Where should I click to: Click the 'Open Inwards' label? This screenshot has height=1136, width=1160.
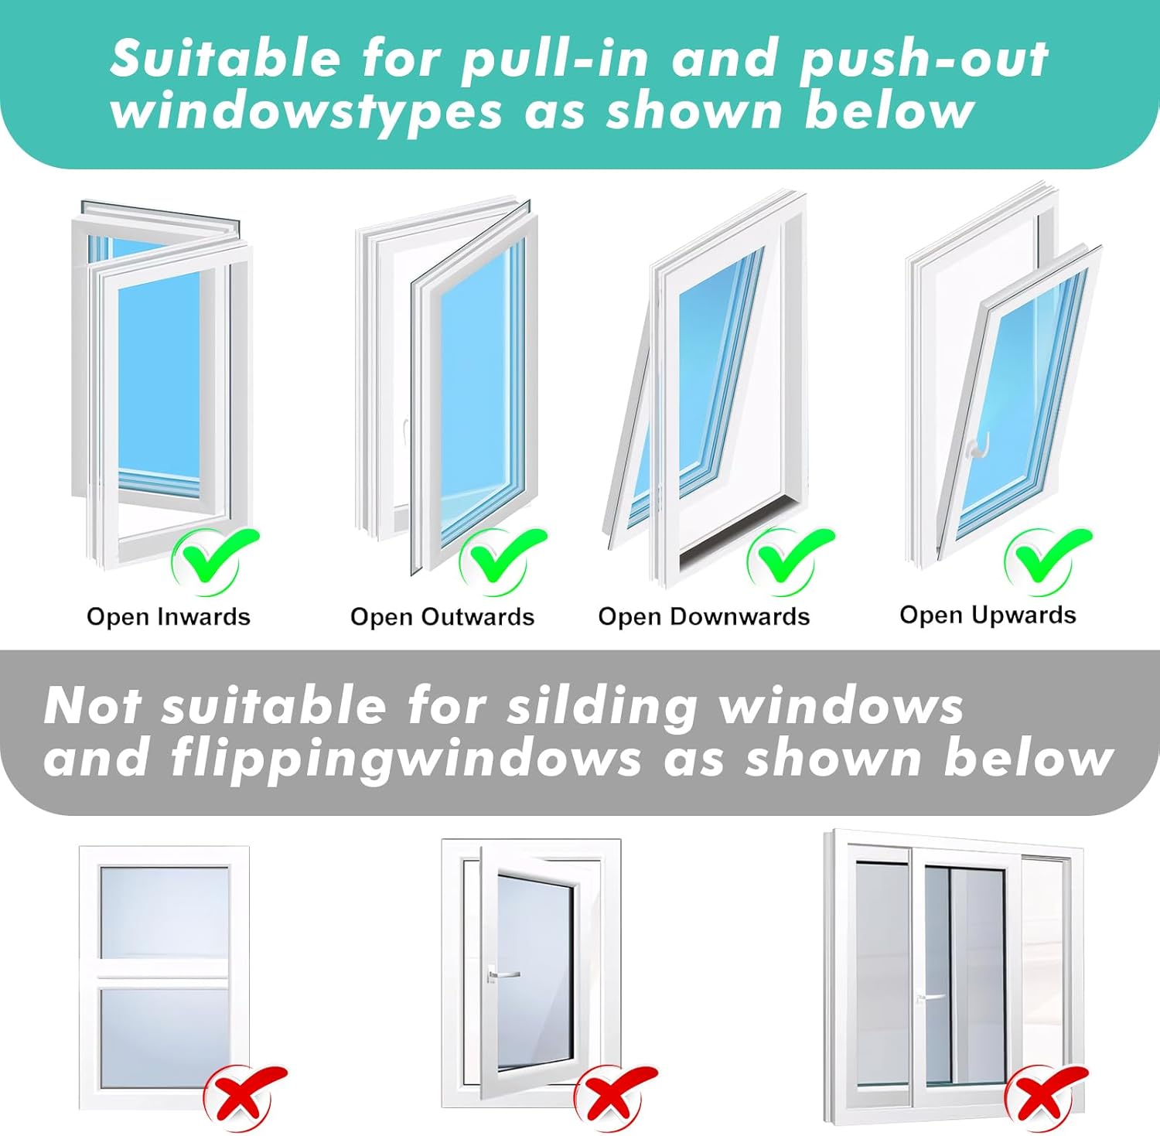(169, 616)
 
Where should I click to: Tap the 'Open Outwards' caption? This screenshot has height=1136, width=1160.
(442, 616)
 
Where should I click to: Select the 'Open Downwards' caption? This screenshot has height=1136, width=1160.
(704, 616)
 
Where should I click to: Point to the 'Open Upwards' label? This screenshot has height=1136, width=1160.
(988, 615)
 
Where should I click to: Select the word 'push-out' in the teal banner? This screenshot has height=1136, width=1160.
(923, 60)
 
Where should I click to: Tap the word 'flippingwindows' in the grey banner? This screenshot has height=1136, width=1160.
(406, 758)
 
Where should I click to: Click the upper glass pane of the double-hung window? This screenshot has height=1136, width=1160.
(164, 913)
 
